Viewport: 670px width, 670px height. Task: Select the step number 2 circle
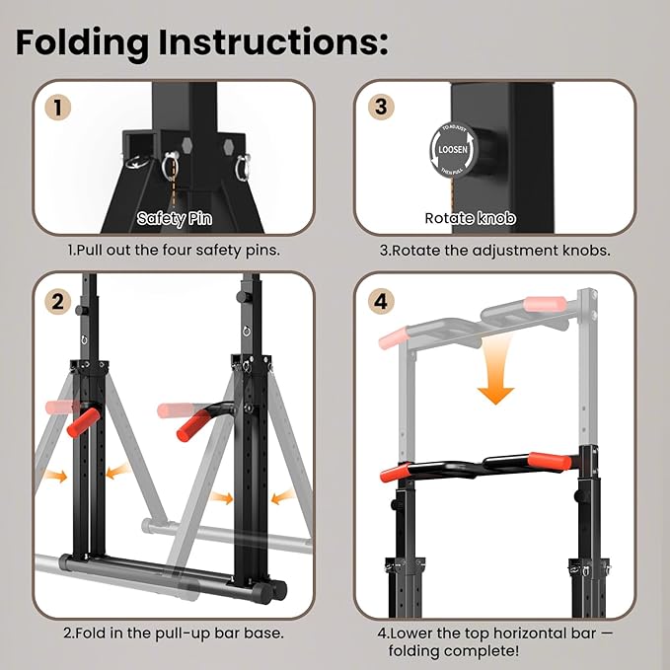(x=62, y=302)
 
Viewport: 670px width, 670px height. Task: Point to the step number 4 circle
(x=381, y=302)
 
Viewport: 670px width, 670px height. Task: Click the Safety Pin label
(x=174, y=218)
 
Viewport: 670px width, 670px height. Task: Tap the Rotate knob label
(x=470, y=218)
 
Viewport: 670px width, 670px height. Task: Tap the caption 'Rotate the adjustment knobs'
(x=494, y=250)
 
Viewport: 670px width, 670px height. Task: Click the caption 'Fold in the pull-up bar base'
(x=174, y=632)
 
